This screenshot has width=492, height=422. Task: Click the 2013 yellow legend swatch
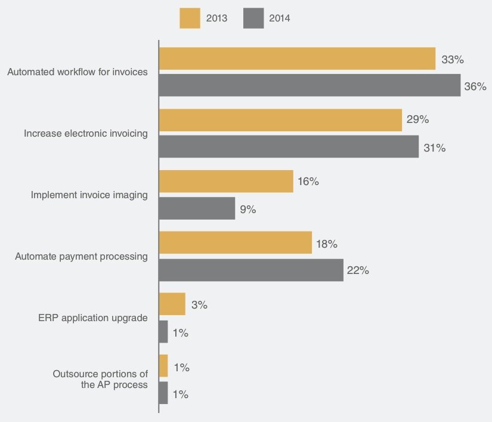pos(190,18)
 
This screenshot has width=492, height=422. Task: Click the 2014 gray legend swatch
pos(253,18)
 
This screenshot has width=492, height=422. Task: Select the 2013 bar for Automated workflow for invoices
pos(297,59)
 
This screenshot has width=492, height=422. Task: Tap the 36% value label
pos(475,87)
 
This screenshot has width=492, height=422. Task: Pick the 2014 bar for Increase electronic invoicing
pos(289,147)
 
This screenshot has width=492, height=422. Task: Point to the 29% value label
pos(417,119)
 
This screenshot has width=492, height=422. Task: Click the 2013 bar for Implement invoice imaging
pos(226,181)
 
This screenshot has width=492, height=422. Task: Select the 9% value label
pos(248,210)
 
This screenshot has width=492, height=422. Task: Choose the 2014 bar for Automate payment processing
pos(251,270)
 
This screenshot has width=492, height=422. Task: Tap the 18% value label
pos(327,244)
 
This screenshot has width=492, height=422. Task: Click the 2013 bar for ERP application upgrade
pos(172,304)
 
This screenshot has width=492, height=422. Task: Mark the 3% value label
pos(199,305)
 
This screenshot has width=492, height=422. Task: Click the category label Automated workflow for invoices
pos(78,72)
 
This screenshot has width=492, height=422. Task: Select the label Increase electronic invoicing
pos(86,134)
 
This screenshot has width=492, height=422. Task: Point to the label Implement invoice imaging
pos(89,195)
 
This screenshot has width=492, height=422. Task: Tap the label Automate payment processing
pos(81,257)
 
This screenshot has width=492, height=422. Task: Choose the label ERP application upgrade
pos(92,318)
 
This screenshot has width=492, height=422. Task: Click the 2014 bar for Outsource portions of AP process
pos(163,393)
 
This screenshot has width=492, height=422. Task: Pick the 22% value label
pos(358,271)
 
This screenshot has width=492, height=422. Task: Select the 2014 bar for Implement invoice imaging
pos(197,208)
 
